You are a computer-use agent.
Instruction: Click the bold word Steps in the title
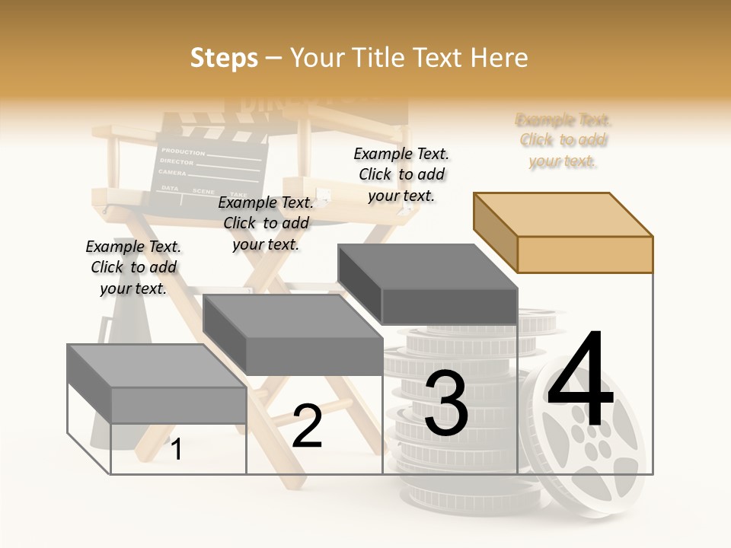(224, 58)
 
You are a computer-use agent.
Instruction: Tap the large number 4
(580, 380)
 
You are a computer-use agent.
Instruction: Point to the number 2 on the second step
(307, 425)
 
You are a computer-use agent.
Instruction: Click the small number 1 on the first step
(176, 449)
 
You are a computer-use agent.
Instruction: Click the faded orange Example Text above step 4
(563, 140)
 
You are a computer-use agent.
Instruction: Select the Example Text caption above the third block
(402, 174)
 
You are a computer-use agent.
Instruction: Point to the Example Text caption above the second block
(266, 223)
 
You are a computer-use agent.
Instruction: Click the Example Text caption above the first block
(133, 267)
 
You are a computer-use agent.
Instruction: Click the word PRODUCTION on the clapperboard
(183, 152)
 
